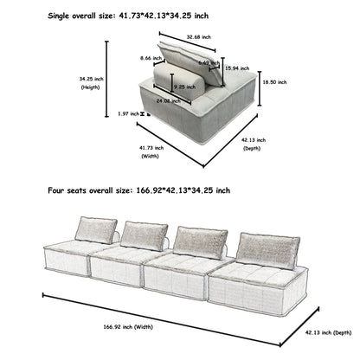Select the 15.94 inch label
coord(233,67)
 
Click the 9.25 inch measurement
coord(183,87)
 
